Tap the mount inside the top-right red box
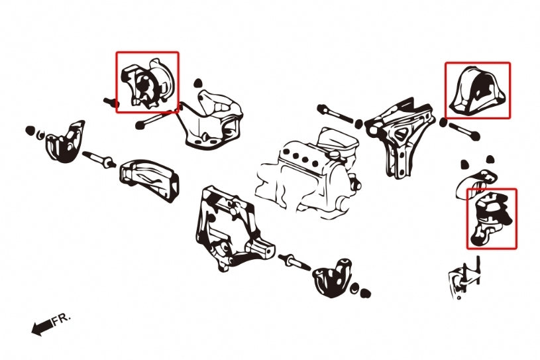(477, 91)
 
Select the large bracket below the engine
(229, 229)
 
